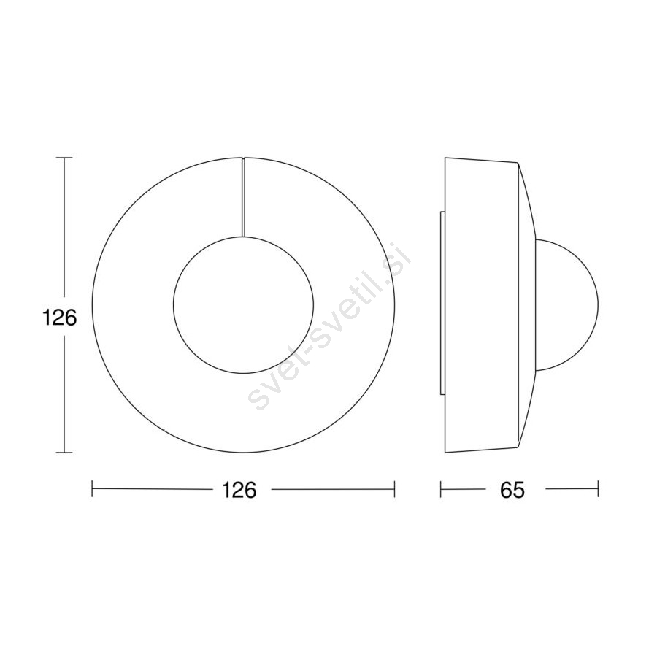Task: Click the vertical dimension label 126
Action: tap(60, 318)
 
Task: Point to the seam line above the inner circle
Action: tap(243, 197)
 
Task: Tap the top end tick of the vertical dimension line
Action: tap(64, 158)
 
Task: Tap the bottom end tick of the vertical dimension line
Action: tap(64, 453)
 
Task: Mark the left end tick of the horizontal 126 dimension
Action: tap(92, 489)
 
